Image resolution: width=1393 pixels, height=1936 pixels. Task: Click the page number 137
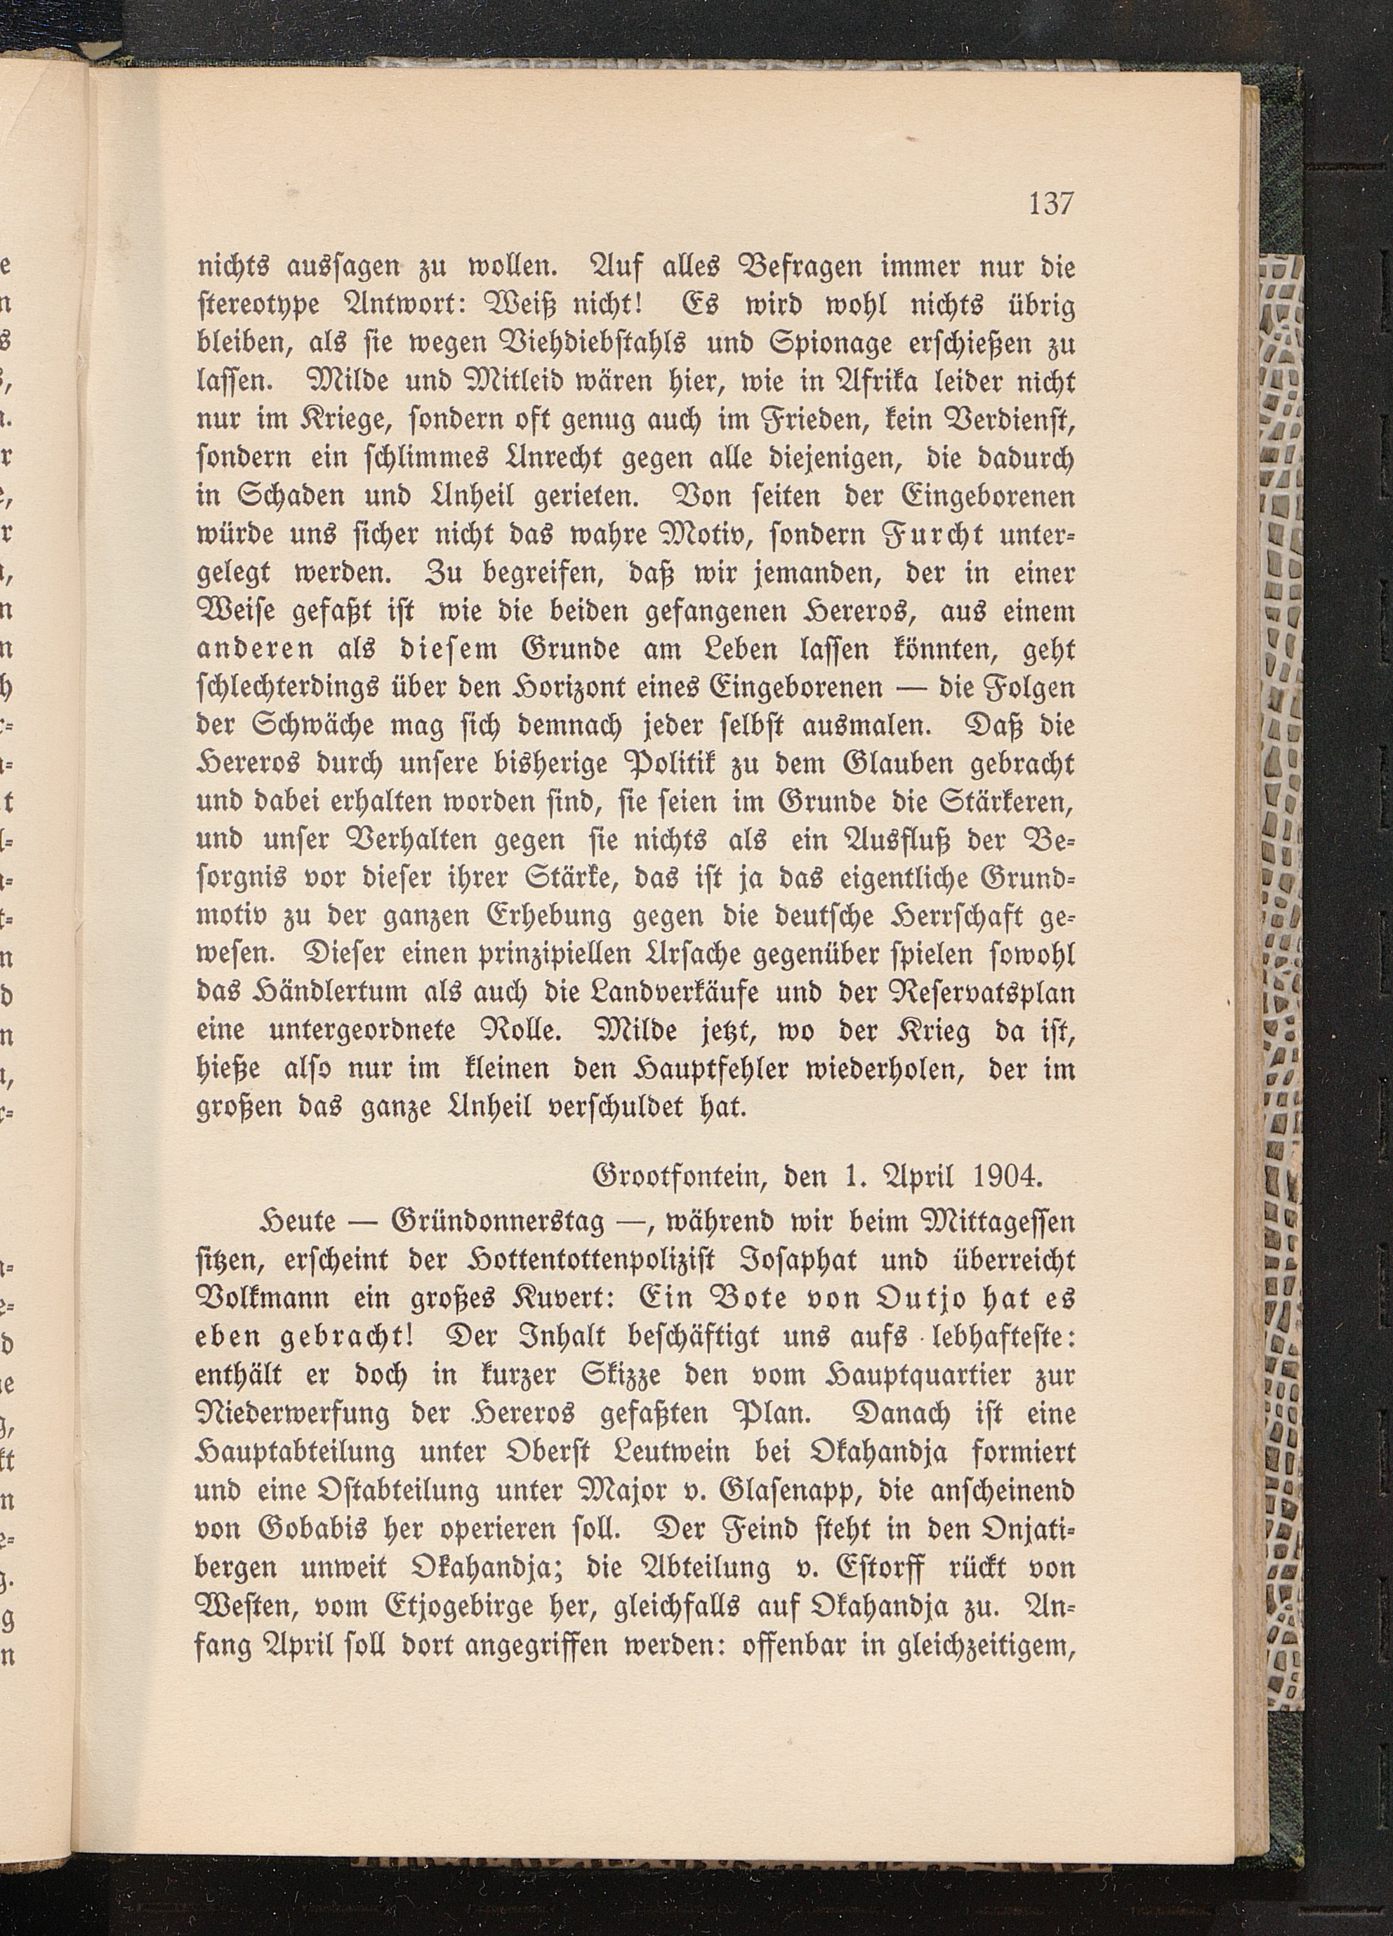pos(1050,228)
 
